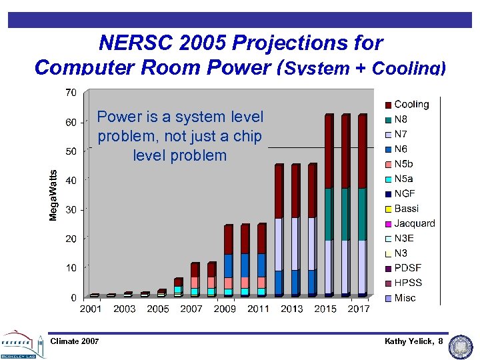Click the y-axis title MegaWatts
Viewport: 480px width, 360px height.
[x=53, y=195]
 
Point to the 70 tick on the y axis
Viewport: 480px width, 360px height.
[x=70, y=92]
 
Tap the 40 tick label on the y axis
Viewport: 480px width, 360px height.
[x=70, y=180]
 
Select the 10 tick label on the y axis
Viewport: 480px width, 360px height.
[x=70, y=268]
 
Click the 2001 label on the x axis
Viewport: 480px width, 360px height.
[x=91, y=309]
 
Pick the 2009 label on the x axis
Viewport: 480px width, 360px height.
[x=225, y=309]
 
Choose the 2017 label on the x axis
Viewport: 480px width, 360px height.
[x=359, y=309]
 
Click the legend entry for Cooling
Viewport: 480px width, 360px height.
[x=411, y=104]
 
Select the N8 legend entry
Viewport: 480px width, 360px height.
[x=401, y=119]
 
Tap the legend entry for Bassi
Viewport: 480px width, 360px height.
[x=406, y=209]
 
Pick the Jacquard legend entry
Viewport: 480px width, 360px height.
[x=414, y=223]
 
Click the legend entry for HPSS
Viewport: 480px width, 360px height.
[x=407, y=283]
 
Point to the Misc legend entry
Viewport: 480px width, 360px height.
[x=405, y=297]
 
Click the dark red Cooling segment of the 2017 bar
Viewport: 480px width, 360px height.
[x=363, y=151]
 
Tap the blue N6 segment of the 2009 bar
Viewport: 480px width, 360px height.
[x=229, y=265]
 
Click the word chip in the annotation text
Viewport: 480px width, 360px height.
[x=248, y=137]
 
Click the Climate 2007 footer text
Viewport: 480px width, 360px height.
[x=75, y=342]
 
